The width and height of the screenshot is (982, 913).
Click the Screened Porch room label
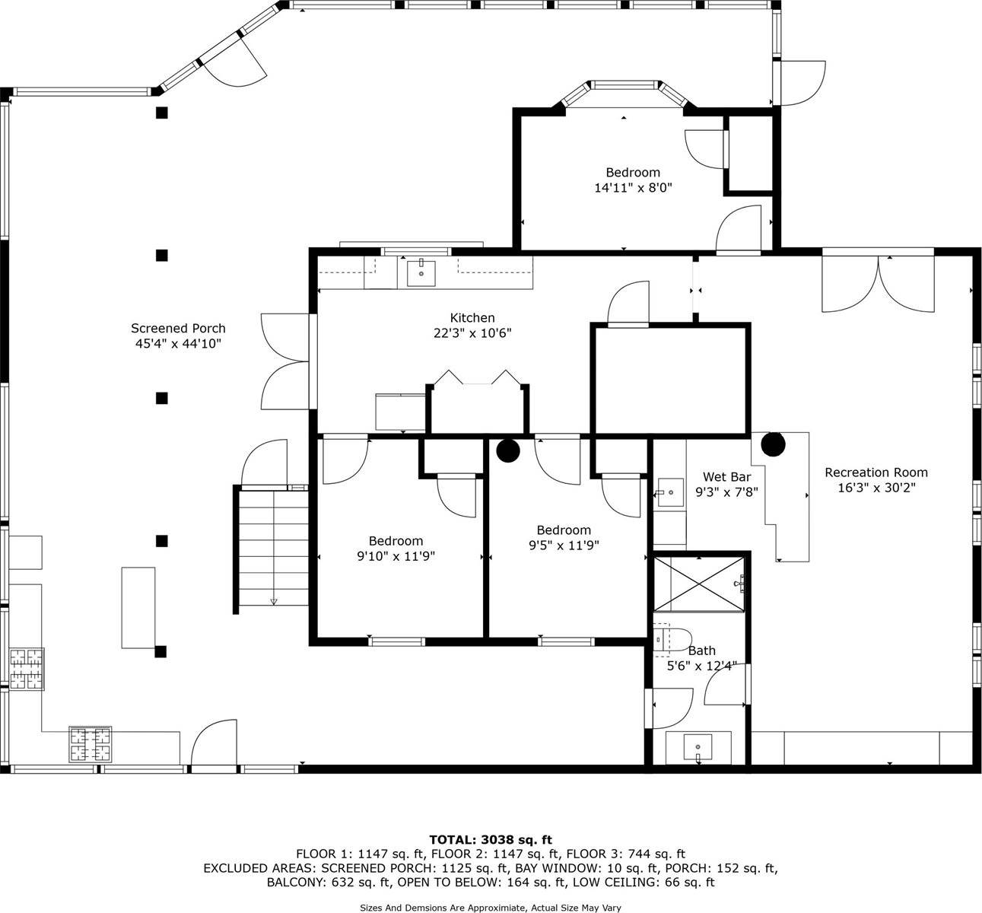[x=178, y=329]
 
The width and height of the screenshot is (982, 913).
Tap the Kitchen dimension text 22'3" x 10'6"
[x=472, y=333]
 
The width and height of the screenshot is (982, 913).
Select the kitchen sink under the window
[x=421, y=272]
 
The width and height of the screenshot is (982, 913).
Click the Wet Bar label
[x=726, y=477]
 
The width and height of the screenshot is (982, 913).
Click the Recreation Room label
[x=876, y=472]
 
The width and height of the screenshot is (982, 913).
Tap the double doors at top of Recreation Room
[x=878, y=284]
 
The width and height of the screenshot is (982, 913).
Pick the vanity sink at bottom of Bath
[x=698, y=747]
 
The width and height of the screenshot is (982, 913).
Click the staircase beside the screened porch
[x=272, y=548]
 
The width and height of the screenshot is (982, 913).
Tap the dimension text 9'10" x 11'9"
[x=396, y=556]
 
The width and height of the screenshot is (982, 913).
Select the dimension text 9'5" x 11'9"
[x=564, y=545]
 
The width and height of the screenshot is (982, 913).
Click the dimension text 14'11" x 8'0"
[x=633, y=187]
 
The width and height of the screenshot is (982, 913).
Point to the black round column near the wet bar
[x=773, y=444]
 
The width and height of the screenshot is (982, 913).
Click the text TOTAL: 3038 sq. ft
[x=491, y=840]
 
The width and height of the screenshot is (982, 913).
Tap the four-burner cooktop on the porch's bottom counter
[x=91, y=744]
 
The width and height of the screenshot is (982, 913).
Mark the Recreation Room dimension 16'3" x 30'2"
[x=876, y=488]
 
